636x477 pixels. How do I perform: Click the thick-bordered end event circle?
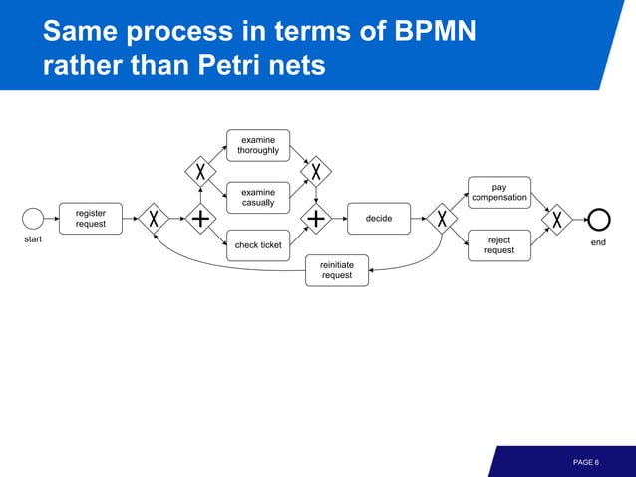[598, 219]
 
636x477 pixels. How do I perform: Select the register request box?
[91, 219]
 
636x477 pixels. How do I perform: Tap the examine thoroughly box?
[258, 145]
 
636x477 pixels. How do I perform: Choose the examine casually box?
[258, 197]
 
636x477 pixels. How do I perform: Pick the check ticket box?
[258, 245]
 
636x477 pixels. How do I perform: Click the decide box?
[379, 219]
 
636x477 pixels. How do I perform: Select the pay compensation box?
[499, 192]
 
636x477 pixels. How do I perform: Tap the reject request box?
[499, 245]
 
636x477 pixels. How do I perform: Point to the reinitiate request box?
[336, 270]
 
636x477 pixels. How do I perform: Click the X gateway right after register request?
[154, 219]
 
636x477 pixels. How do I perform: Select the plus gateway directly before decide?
[316, 219]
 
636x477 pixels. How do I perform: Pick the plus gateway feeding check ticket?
[200, 219]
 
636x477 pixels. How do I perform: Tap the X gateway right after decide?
[441, 219]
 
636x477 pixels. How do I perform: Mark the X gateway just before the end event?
[557, 219]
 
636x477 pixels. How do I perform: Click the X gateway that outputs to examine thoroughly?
[200, 171]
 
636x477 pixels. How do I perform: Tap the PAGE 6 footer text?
[585, 462]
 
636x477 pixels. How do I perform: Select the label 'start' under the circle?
[33, 240]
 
